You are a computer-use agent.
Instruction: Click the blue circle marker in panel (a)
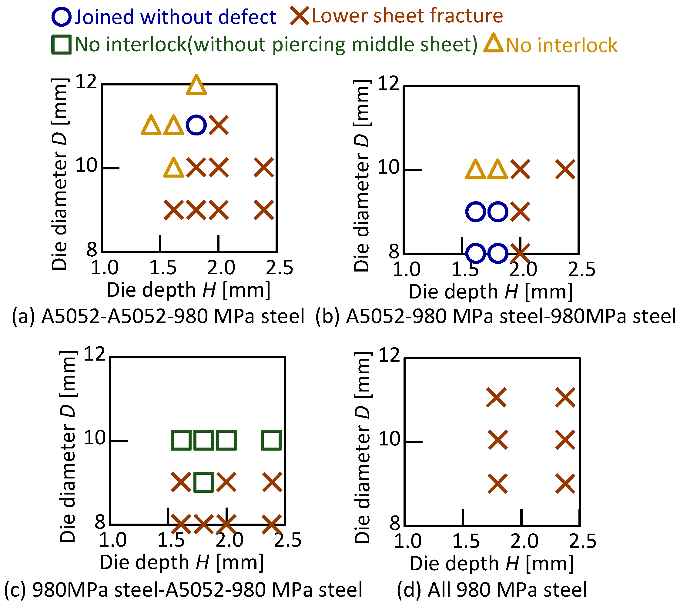[196, 125]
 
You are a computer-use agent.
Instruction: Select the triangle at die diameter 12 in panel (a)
[196, 86]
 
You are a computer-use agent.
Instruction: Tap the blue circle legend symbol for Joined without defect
[62, 17]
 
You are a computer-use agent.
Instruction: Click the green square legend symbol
[61, 45]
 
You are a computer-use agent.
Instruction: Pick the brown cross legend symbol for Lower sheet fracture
[300, 16]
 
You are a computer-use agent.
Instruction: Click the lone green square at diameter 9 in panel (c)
[204, 482]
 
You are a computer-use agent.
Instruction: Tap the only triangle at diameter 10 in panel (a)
[174, 168]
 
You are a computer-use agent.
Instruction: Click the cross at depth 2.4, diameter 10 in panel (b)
[565, 169]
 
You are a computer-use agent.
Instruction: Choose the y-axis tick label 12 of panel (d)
[389, 355]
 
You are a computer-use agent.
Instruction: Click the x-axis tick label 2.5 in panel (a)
[280, 268]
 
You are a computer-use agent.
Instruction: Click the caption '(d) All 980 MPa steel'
[492, 590]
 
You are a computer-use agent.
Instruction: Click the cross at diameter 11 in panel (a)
[219, 125]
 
